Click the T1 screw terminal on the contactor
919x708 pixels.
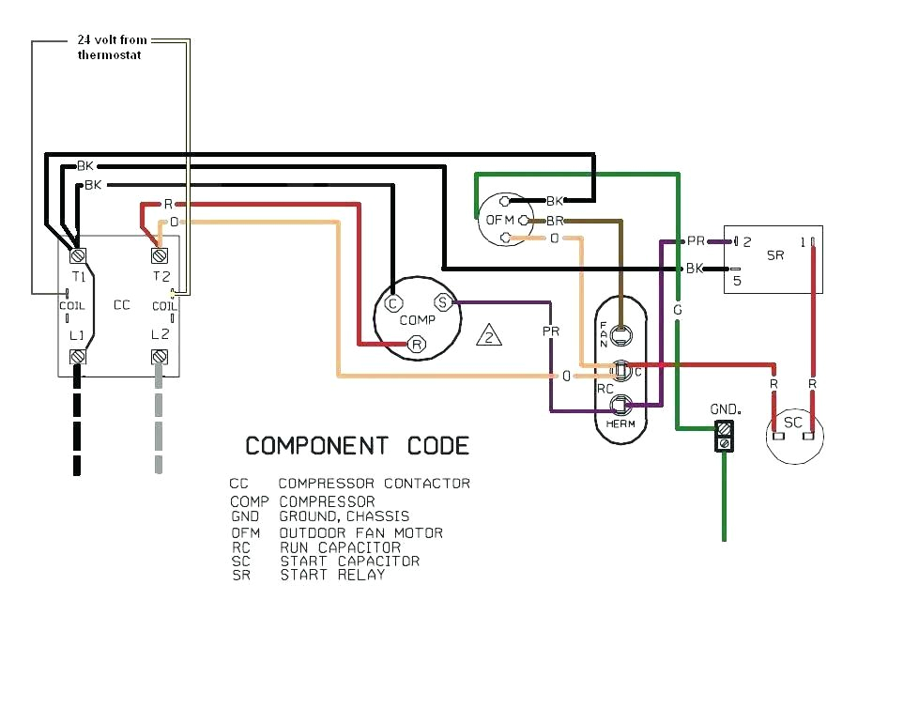pos(78,255)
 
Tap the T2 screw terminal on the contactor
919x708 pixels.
pos(159,255)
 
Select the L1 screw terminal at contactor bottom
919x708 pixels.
pos(78,357)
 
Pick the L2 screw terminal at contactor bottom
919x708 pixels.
pos(159,357)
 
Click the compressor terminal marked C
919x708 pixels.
pos(392,302)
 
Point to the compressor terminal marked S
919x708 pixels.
pos(442,302)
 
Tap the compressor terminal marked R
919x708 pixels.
pos(417,345)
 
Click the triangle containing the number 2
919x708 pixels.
pos(488,336)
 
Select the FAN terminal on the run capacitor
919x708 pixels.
pos(620,331)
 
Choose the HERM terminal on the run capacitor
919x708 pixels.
pos(620,406)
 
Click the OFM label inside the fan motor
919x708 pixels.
pos(498,221)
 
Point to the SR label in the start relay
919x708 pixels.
pos(775,256)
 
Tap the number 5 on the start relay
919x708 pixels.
pos(737,279)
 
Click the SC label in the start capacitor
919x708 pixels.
pos(793,423)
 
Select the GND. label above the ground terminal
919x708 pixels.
pos(726,410)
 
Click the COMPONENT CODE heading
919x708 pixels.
pos(357,445)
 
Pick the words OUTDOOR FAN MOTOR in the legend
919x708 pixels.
pos(360,533)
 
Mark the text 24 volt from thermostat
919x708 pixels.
pos(112,48)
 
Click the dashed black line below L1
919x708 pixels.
pos(78,423)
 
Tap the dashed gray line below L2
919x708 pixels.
pos(159,423)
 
